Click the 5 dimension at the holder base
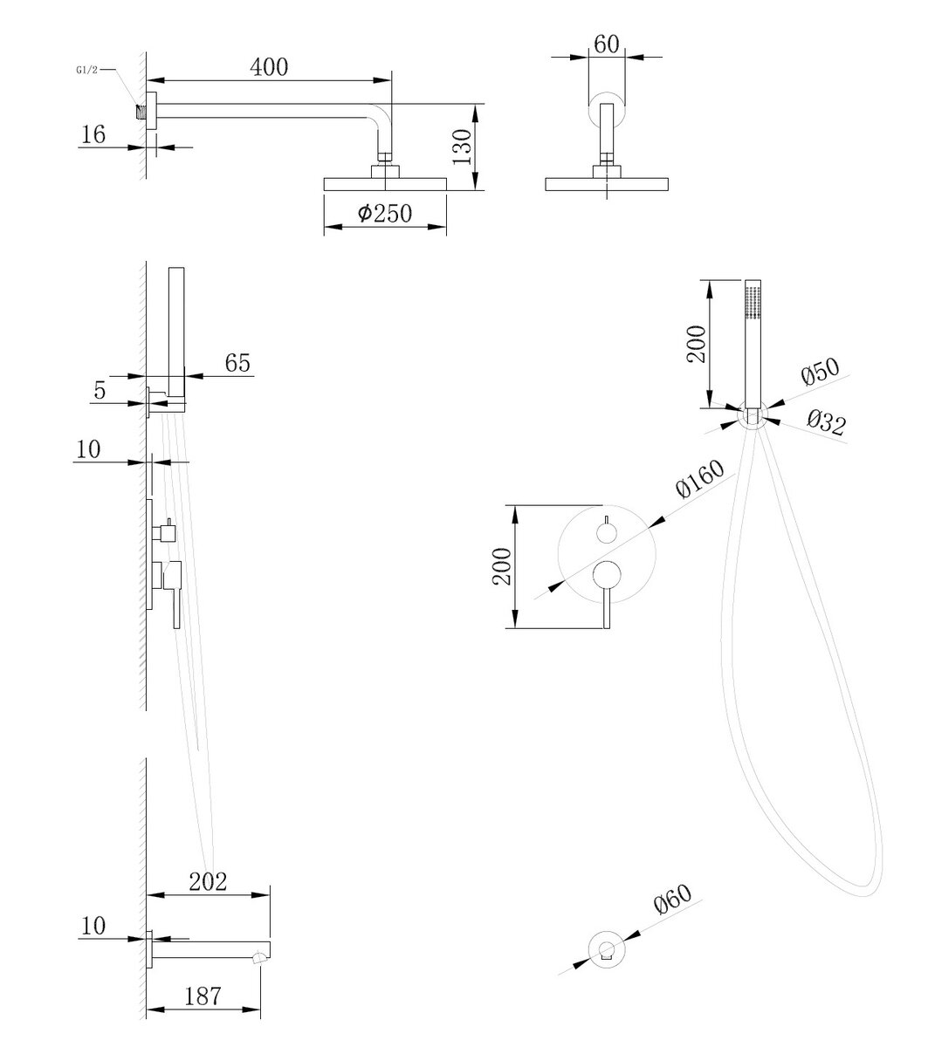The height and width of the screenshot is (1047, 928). [x=100, y=390]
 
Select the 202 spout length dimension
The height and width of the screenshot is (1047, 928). [x=207, y=881]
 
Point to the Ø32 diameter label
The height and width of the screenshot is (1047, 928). [x=825, y=425]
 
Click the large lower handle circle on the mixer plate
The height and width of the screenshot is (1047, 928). [x=606, y=575]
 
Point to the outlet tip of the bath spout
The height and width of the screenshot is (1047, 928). [x=259, y=960]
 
